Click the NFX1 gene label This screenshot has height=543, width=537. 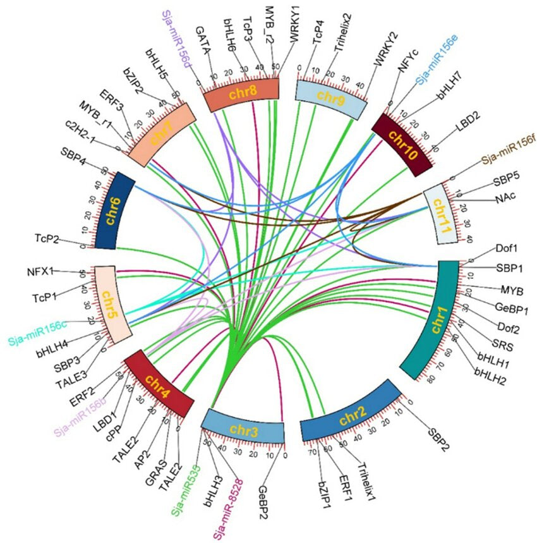click(39, 271)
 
